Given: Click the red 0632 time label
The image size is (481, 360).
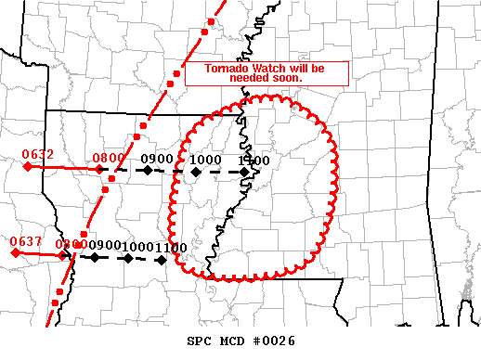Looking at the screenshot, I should [x=39, y=155].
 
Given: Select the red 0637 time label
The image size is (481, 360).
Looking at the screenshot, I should [x=25, y=242].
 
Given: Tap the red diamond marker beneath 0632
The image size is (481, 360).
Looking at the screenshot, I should [x=28, y=167].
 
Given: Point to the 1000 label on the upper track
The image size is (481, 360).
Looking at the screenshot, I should [x=205, y=160].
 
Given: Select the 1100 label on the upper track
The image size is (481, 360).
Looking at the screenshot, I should [x=253, y=160].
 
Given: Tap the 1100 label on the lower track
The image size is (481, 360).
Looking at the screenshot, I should [x=172, y=246].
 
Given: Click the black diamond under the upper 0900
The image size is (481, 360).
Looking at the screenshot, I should [x=147, y=171].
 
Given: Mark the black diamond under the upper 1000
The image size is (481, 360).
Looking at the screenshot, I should [x=194, y=171].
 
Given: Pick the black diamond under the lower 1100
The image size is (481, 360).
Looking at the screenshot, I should [x=162, y=259].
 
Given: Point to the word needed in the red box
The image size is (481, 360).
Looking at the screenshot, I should [x=251, y=79].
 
